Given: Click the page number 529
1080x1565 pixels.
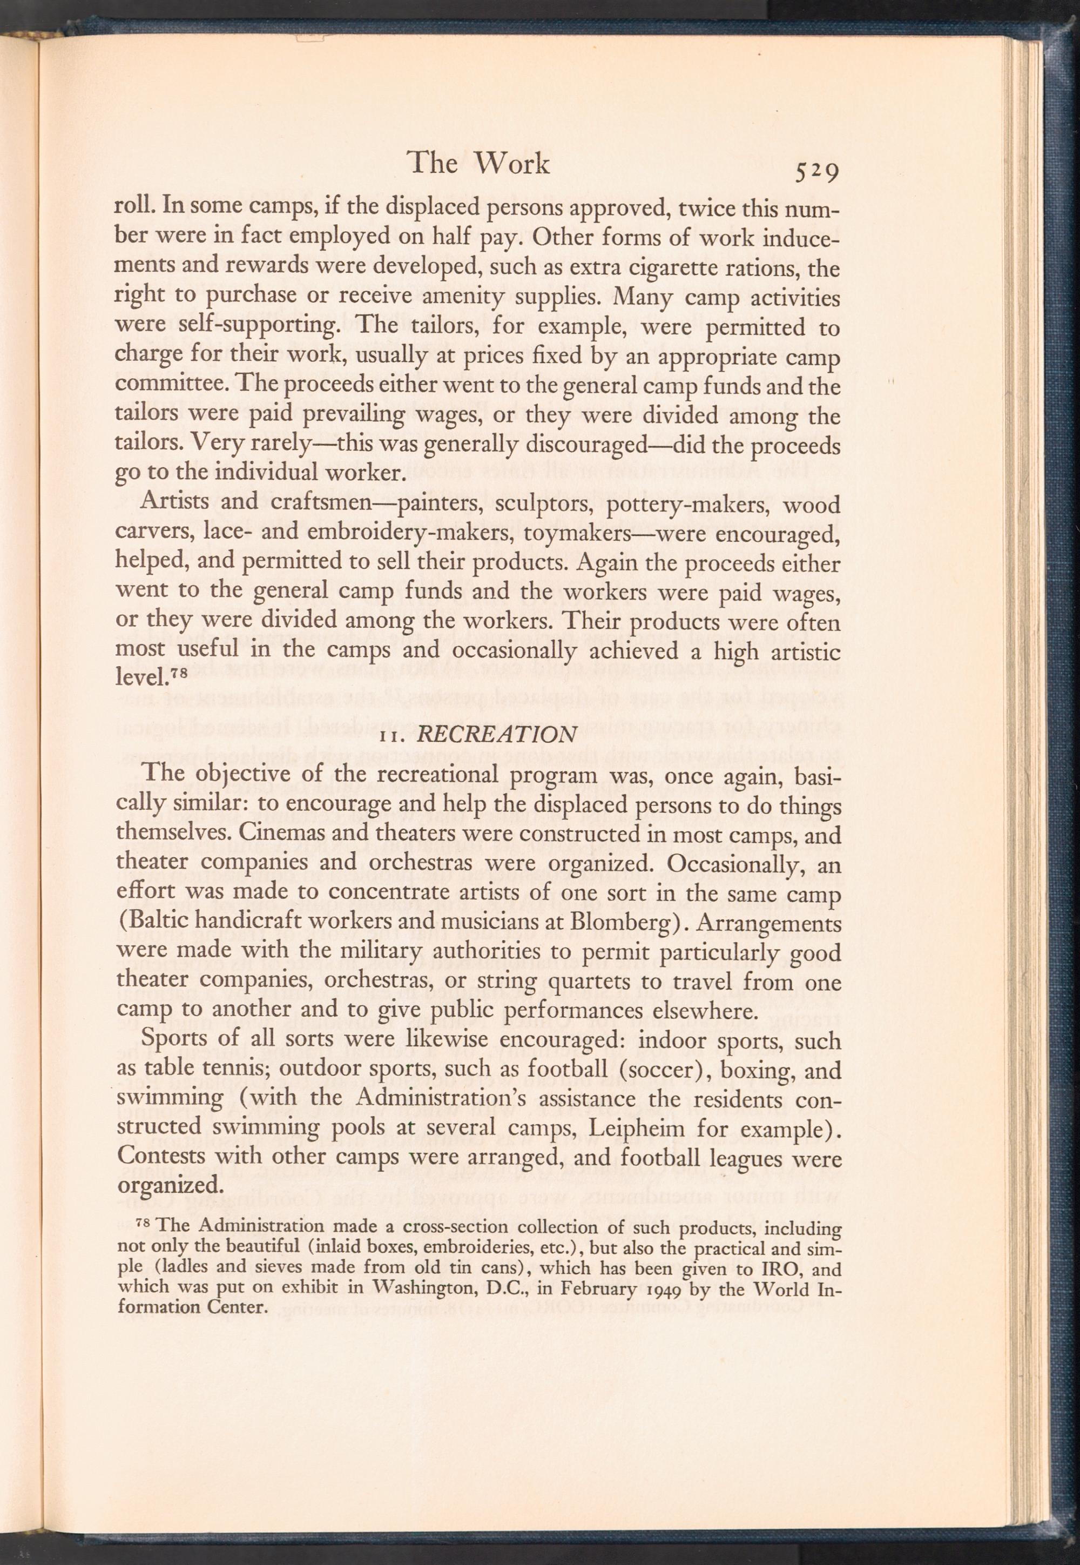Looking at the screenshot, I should pyautogui.click(x=817, y=173).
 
